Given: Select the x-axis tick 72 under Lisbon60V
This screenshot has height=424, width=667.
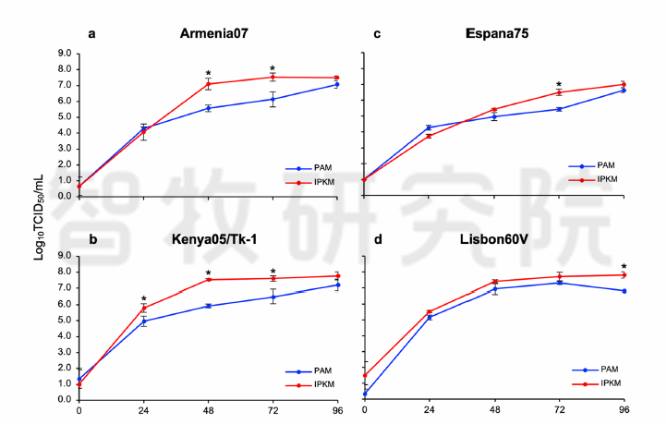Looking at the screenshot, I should [x=559, y=408].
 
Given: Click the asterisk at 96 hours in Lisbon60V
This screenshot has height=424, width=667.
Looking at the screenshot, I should [x=625, y=267].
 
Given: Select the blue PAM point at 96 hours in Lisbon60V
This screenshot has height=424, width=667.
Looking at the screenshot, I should [x=625, y=291].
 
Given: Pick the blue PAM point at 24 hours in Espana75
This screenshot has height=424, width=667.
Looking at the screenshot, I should [x=429, y=127].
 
